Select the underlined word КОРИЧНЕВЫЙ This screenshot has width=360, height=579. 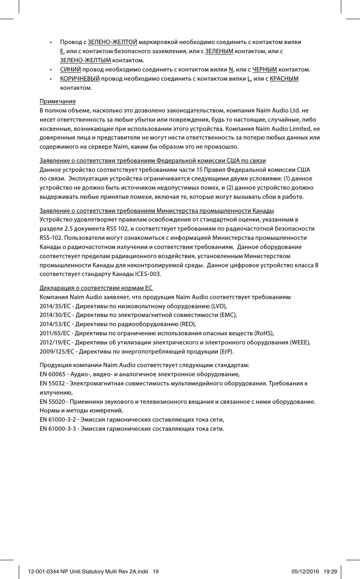80,79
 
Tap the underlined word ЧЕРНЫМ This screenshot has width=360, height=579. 265,70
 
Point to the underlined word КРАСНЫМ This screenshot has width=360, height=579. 284,79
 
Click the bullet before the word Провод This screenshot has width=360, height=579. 51,43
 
